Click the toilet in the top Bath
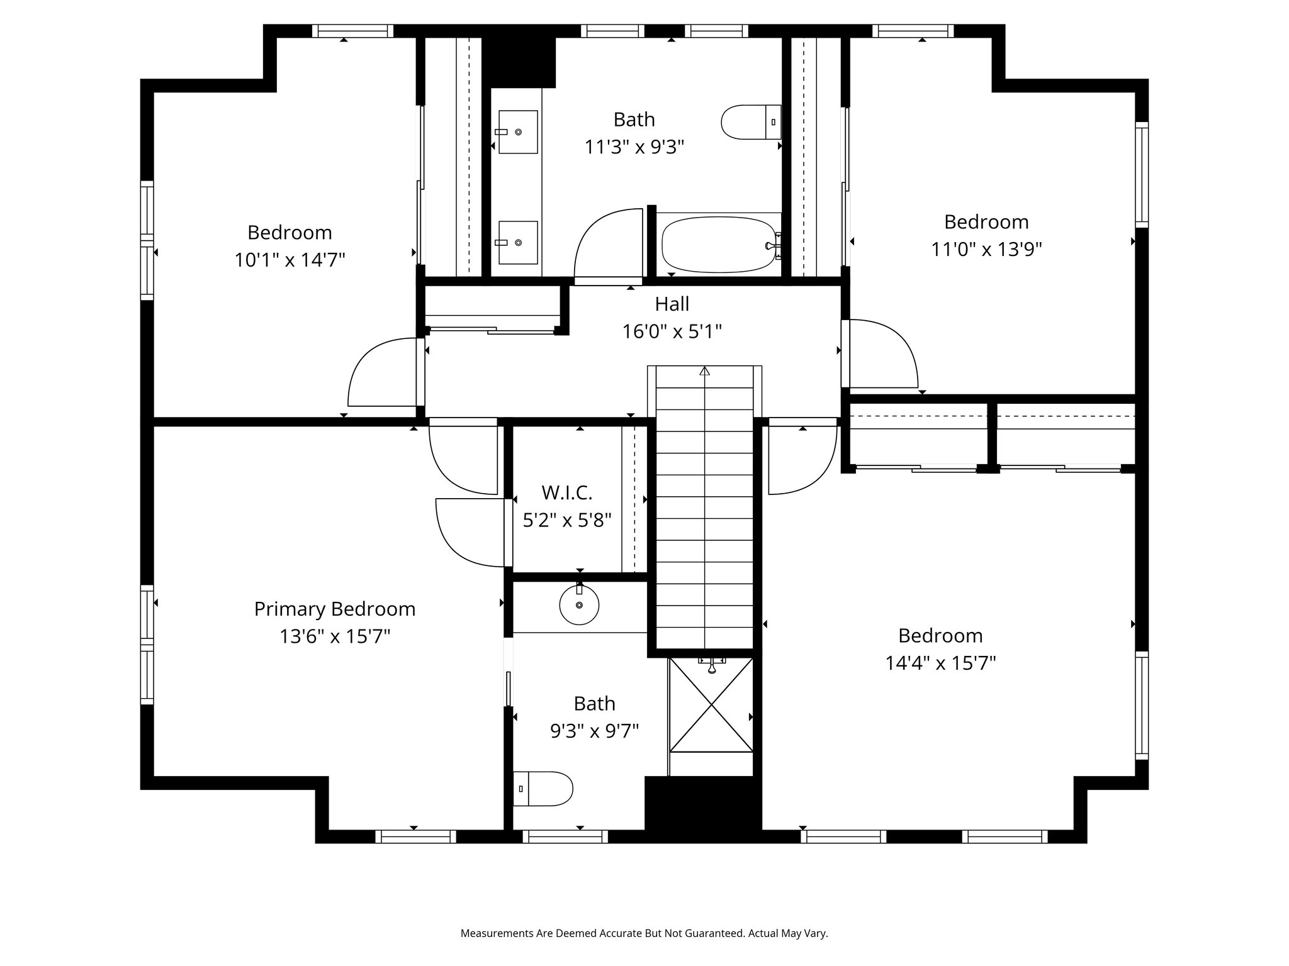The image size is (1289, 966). (x=751, y=122)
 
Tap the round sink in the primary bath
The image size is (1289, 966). (x=579, y=604)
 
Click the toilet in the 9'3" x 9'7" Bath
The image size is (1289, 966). (x=543, y=789)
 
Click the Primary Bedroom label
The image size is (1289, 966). (x=335, y=609)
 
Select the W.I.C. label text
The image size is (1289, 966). (x=567, y=492)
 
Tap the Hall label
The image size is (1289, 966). (x=672, y=304)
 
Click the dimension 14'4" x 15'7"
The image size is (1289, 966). (x=940, y=663)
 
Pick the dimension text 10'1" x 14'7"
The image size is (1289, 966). (x=290, y=260)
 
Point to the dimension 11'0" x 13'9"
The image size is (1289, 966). (x=986, y=249)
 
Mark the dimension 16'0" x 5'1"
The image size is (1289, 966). (x=672, y=331)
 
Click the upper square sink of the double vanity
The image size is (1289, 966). (x=518, y=131)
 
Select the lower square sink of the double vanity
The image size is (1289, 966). (x=518, y=242)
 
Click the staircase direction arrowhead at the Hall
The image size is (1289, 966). (x=704, y=371)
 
